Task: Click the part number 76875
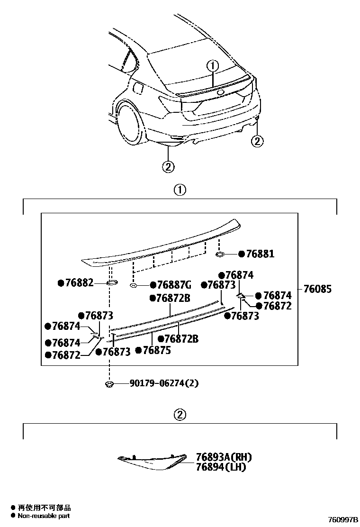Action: [x=156, y=350]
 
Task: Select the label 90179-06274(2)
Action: [x=163, y=383]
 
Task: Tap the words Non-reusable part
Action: [x=44, y=516]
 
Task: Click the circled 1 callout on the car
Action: [x=213, y=66]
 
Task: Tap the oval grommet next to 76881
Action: [x=221, y=254]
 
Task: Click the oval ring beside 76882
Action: [x=112, y=283]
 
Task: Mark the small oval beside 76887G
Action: [x=134, y=285]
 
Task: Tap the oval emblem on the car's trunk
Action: [x=221, y=92]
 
